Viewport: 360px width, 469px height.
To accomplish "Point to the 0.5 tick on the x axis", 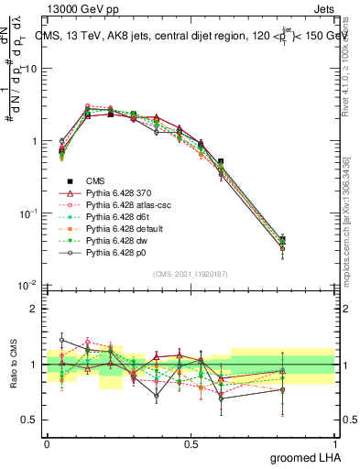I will pyautogui.click(x=191, y=442).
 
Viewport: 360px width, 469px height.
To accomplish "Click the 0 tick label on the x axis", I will pyautogui.click(x=47, y=442).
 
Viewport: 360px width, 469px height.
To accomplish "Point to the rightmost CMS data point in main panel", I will pyautogui.click(x=308, y=240).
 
